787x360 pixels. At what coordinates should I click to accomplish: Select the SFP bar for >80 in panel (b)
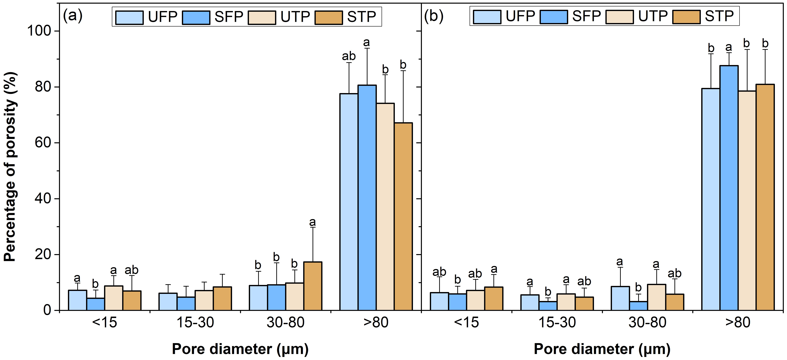[x=729, y=188]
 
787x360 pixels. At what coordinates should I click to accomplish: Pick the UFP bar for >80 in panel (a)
[x=349, y=202]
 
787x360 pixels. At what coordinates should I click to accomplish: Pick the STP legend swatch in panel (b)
[x=686, y=17]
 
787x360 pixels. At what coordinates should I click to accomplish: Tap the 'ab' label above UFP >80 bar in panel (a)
[x=349, y=56]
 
